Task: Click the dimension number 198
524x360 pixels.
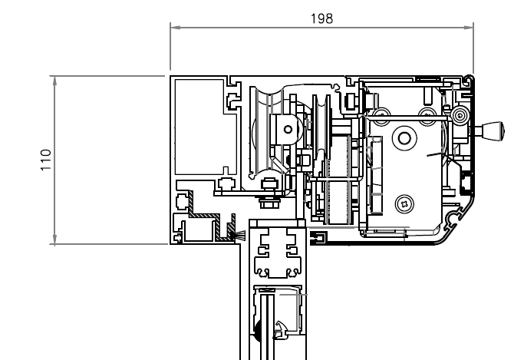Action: click(x=321, y=18)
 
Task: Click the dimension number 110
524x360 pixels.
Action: click(x=46, y=160)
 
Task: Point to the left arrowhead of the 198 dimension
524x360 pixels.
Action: click(x=176, y=27)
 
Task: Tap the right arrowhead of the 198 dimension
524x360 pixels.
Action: click(x=469, y=27)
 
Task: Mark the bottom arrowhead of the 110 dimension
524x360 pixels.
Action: click(x=54, y=239)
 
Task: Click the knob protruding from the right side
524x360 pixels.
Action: click(x=490, y=130)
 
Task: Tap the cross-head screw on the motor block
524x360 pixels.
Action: click(x=404, y=203)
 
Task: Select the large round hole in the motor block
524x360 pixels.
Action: click(x=404, y=137)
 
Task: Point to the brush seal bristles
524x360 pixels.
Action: click(x=240, y=236)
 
